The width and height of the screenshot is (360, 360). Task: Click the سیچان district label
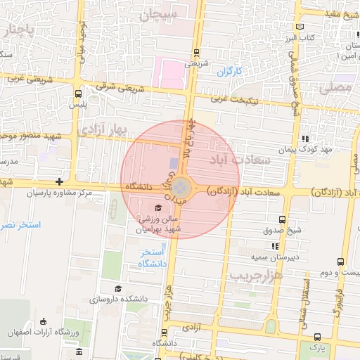point(161,15)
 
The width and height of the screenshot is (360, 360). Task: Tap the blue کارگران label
point(229,72)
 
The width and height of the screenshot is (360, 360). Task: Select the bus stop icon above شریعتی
point(196,52)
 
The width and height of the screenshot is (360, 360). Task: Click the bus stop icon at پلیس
point(77,93)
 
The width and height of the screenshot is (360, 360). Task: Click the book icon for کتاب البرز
point(301,26)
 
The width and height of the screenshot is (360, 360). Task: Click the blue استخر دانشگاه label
point(152,257)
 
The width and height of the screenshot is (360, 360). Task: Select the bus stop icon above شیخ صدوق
point(283,219)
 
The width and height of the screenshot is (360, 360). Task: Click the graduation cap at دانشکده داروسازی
point(118,288)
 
